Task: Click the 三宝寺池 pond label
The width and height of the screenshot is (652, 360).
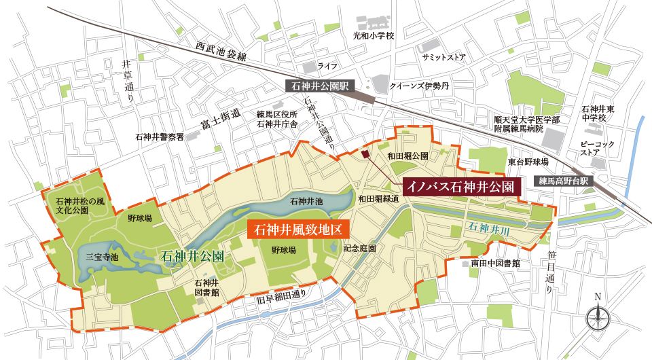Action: [102, 257]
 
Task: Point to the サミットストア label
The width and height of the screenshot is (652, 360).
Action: [443, 58]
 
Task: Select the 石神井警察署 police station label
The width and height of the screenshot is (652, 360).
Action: [160, 137]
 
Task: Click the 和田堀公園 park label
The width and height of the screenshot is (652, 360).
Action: [407, 156]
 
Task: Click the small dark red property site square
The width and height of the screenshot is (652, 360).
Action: [365, 155]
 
